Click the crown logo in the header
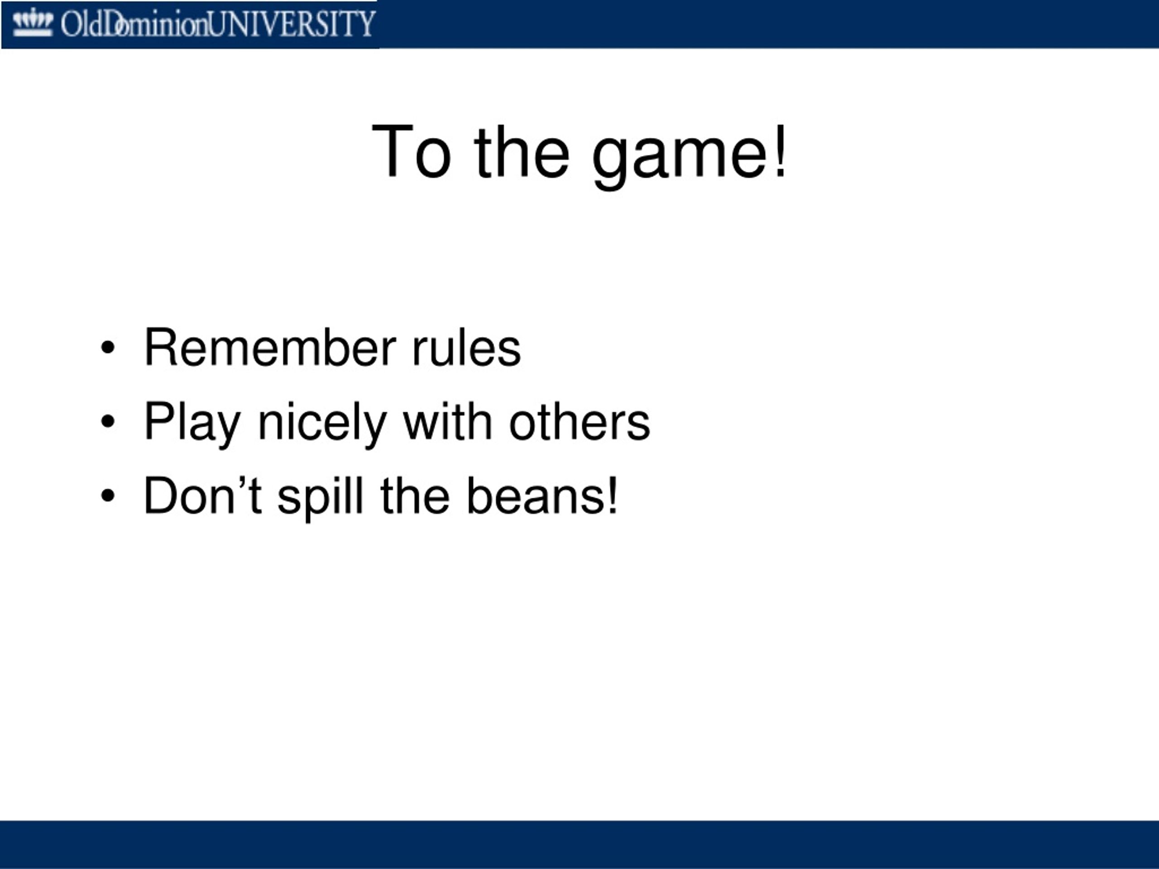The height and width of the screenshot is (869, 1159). [x=33, y=23]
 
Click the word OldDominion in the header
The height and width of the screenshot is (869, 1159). [x=134, y=24]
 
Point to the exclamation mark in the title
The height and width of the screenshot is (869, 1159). [x=781, y=151]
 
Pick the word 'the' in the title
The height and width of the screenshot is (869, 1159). [x=522, y=151]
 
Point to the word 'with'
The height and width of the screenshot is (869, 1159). [x=448, y=421]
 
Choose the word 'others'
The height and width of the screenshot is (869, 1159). [x=579, y=421]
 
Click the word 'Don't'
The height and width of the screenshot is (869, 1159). [x=203, y=495]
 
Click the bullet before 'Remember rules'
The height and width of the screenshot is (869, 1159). [x=107, y=348]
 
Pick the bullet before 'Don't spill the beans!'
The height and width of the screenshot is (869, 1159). [x=107, y=496]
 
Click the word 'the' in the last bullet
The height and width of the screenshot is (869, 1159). [x=415, y=495]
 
